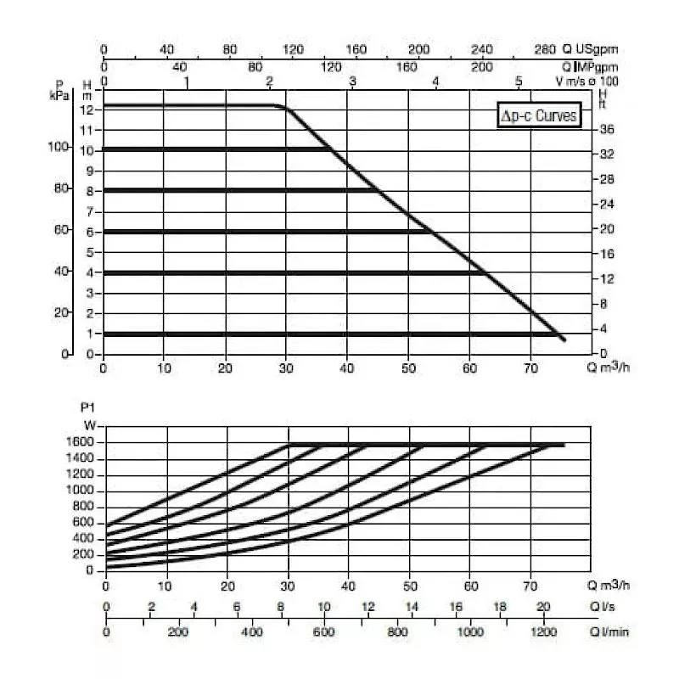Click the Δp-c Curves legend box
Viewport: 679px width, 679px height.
point(539,116)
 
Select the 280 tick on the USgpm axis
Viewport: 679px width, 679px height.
point(545,50)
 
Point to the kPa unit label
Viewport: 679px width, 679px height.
point(58,93)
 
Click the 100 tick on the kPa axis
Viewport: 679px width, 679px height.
point(57,147)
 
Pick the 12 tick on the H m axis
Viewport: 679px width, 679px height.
point(86,109)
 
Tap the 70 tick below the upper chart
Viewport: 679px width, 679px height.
point(530,369)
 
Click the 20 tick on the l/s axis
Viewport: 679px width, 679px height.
point(542,608)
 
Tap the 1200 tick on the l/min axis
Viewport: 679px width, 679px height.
point(542,632)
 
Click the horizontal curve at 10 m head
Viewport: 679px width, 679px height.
point(212,149)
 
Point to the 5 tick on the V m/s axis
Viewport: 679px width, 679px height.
point(519,81)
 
